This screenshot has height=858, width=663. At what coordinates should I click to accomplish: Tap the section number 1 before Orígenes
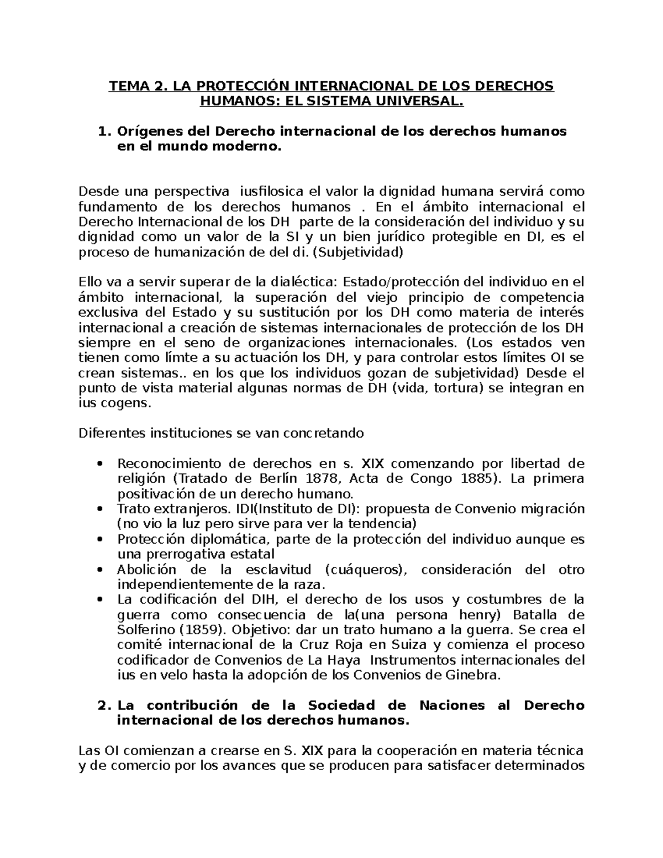coord(100,131)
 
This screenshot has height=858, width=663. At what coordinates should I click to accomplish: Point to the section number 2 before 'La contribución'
coord(100,706)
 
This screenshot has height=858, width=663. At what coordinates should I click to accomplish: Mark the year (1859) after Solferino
coord(203,630)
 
